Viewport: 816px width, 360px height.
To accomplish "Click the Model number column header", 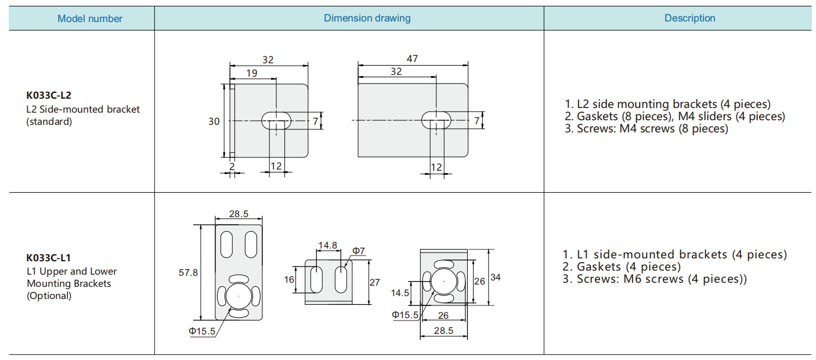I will point(90,19).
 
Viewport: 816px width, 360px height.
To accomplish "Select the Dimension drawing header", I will point(367,18).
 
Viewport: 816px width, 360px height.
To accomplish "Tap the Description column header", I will point(689,18).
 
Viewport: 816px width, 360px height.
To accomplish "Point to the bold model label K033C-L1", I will point(49,258).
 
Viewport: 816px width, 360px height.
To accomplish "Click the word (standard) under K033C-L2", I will point(49,121).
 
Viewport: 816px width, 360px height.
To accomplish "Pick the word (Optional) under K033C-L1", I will point(49,296).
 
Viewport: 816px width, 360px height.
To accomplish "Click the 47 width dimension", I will point(412,59).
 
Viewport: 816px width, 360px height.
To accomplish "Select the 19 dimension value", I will point(252,73).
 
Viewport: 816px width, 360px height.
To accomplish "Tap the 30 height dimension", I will point(214,121).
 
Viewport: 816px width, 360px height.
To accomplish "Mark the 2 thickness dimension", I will point(232,166).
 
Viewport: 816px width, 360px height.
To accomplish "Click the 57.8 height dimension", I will point(188,272).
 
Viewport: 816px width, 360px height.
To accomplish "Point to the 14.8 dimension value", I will point(328,245).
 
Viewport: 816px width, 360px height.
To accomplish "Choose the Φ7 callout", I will point(359,251).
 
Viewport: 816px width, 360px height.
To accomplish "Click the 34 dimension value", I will point(495,278).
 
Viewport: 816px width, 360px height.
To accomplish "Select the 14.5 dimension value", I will point(400,293).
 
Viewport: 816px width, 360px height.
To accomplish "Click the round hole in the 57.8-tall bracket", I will point(239,296).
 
